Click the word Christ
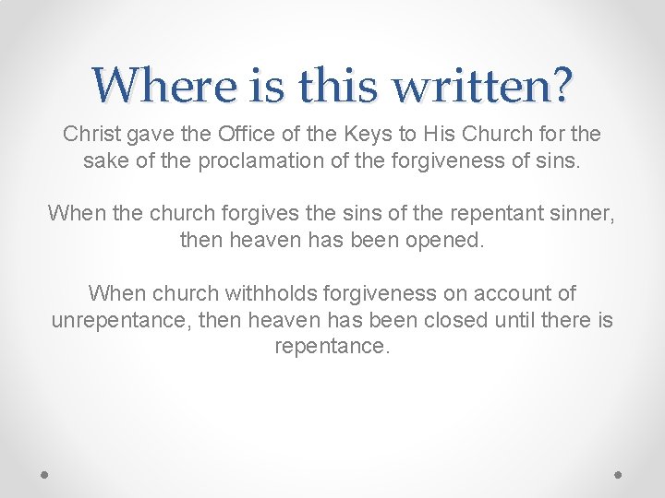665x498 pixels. pyautogui.click(x=91, y=135)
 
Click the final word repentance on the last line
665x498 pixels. pyautogui.click(x=332, y=347)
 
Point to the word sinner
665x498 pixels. pyautogui.click(x=578, y=214)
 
